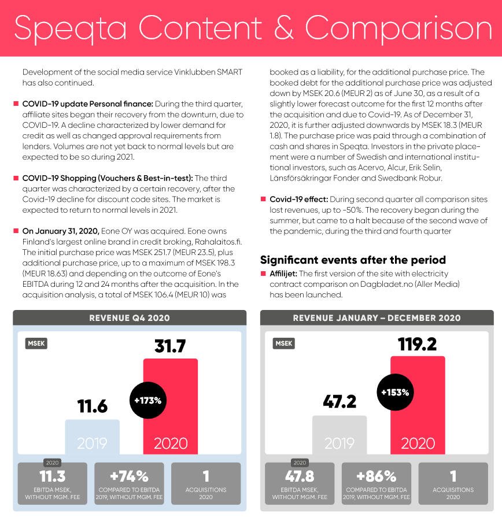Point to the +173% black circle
pyautogui.click(x=148, y=400)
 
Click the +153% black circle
pyautogui.click(x=396, y=392)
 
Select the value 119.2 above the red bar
pyautogui.click(x=417, y=345)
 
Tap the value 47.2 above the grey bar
pyautogui.click(x=339, y=401)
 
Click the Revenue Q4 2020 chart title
pyautogui.click(x=130, y=318)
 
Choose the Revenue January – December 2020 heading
pyautogui.click(x=376, y=318)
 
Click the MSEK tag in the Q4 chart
pyautogui.click(x=36, y=344)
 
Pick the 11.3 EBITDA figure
pyautogui.click(x=53, y=477)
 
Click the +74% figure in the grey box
pyautogui.click(x=129, y=477)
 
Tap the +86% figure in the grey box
pyautogui.click(x=376, y=477)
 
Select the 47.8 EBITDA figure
pyautogui.click(x=300, y=477)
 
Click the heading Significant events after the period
pyautogui.click(x=353, y=260)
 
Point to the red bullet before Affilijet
pyautogui.click(x=263, y=274)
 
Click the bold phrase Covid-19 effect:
pyautogui.click(x=298, y=200)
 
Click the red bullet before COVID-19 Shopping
pyautogui.click(x=16, y=178)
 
